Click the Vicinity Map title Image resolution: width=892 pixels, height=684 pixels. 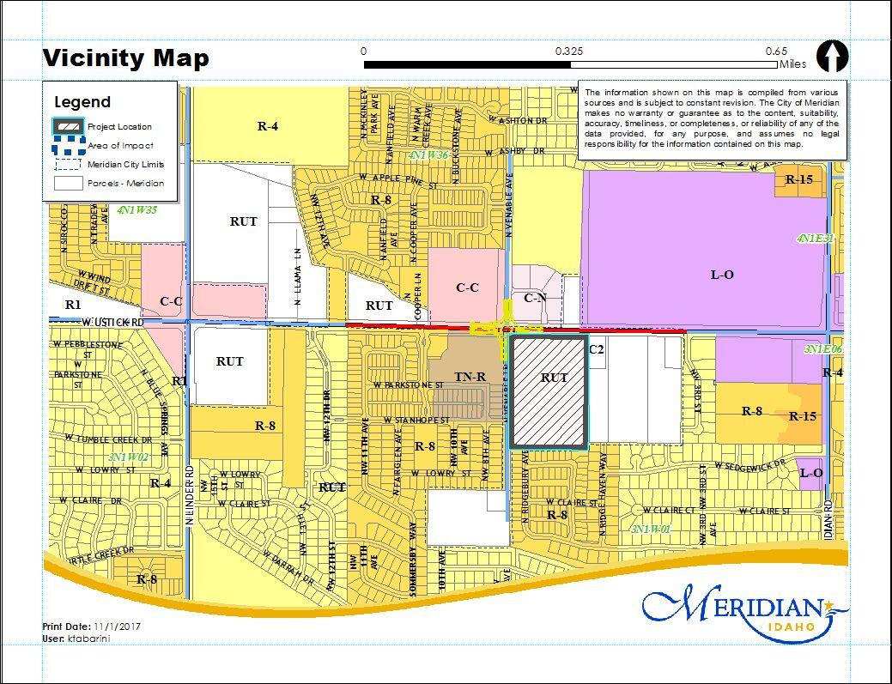click(126, 58)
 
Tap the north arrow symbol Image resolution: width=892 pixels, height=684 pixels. click(831, 57)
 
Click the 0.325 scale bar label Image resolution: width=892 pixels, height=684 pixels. click(568, 51)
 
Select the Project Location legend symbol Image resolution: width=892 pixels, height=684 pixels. click(68, 127)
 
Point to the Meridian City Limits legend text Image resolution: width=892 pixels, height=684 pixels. click(125, 164)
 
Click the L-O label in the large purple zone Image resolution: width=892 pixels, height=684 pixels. click(722, 275)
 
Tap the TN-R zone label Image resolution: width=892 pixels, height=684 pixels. click(470, 376)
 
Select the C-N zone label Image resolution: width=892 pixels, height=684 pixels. click(535, 298)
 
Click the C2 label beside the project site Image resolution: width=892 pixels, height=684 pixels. click(596, 349)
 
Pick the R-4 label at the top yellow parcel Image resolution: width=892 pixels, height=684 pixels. click(268, 126)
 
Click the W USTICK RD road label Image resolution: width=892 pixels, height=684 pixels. click(107, 322)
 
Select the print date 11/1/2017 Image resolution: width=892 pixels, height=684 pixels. click(118, 626)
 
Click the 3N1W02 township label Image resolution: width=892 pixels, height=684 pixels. click(129, 457)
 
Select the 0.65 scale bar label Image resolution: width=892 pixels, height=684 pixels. click(776, 51)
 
